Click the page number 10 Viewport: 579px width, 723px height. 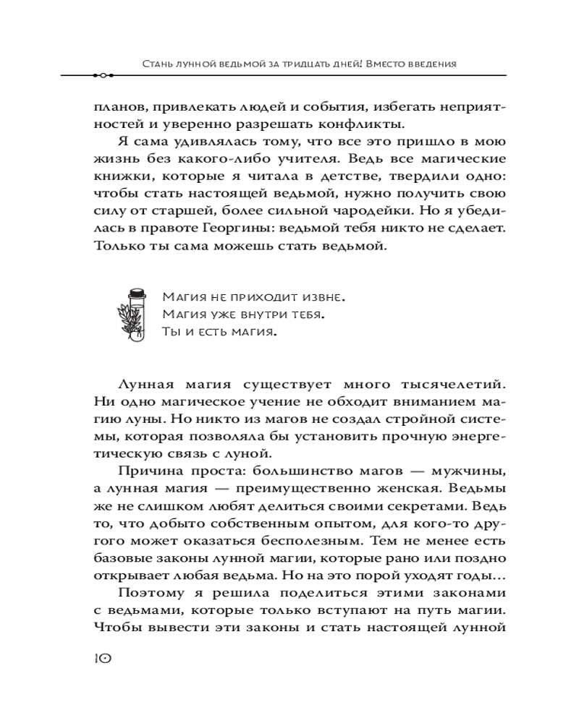101,658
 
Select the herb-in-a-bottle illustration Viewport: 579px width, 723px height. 135,315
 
